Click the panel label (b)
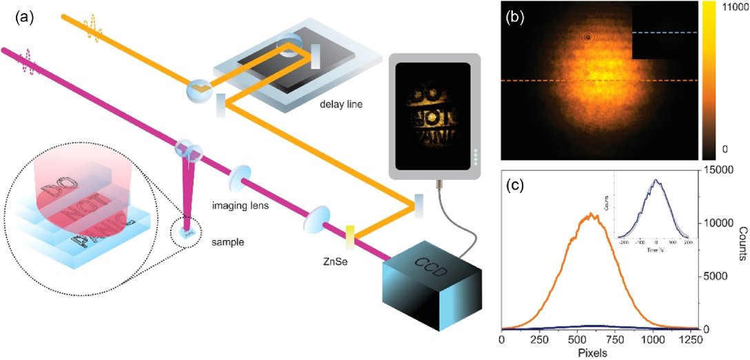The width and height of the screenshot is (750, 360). (518, 19)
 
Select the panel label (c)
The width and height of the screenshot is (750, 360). (518, 184)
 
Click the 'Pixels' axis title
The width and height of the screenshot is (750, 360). (600, 352)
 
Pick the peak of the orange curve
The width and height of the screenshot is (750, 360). (590, 214)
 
